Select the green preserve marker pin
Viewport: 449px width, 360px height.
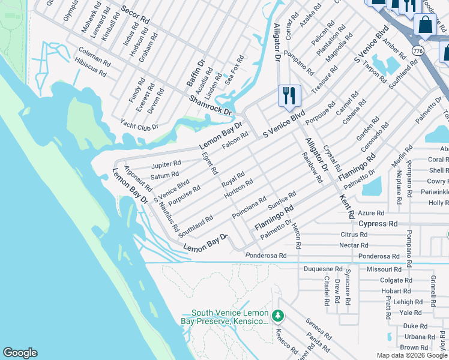277,315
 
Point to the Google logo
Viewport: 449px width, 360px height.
20,353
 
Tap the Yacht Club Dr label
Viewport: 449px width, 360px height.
139,127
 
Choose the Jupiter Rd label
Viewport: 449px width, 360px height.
166,164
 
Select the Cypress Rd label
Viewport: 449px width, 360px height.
378,223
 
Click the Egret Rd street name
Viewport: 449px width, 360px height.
210,163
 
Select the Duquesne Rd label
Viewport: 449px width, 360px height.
322,269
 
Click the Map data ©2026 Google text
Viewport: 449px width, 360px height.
411,355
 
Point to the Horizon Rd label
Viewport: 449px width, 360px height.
238,190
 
